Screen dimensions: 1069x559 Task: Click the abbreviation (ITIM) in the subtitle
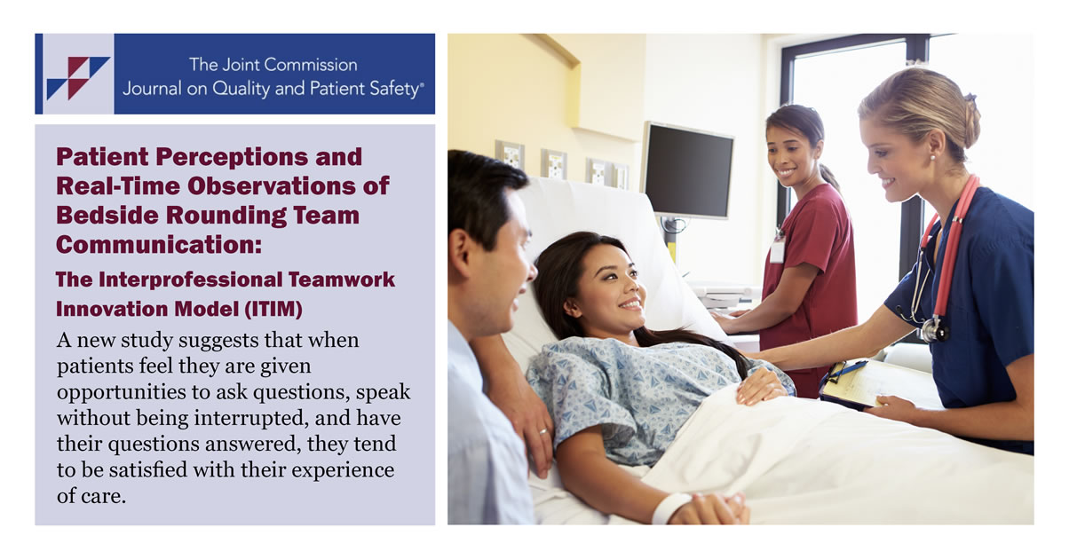tap(273, 309)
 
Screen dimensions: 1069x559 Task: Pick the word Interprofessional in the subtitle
tap(190, 279)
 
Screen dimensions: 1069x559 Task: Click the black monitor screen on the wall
tap(688, 170)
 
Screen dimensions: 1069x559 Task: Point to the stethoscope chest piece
tap(934, 329)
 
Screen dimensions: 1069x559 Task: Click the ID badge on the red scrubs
tap(777, 251)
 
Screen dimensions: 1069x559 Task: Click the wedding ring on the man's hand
tap(543, 431)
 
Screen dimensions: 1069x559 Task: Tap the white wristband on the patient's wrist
tap(670, 508)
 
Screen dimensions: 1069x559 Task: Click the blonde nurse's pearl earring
tap(931, 157)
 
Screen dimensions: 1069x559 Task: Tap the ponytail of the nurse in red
tap(829, 177)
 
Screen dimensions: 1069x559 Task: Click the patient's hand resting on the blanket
tap(759, 387)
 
